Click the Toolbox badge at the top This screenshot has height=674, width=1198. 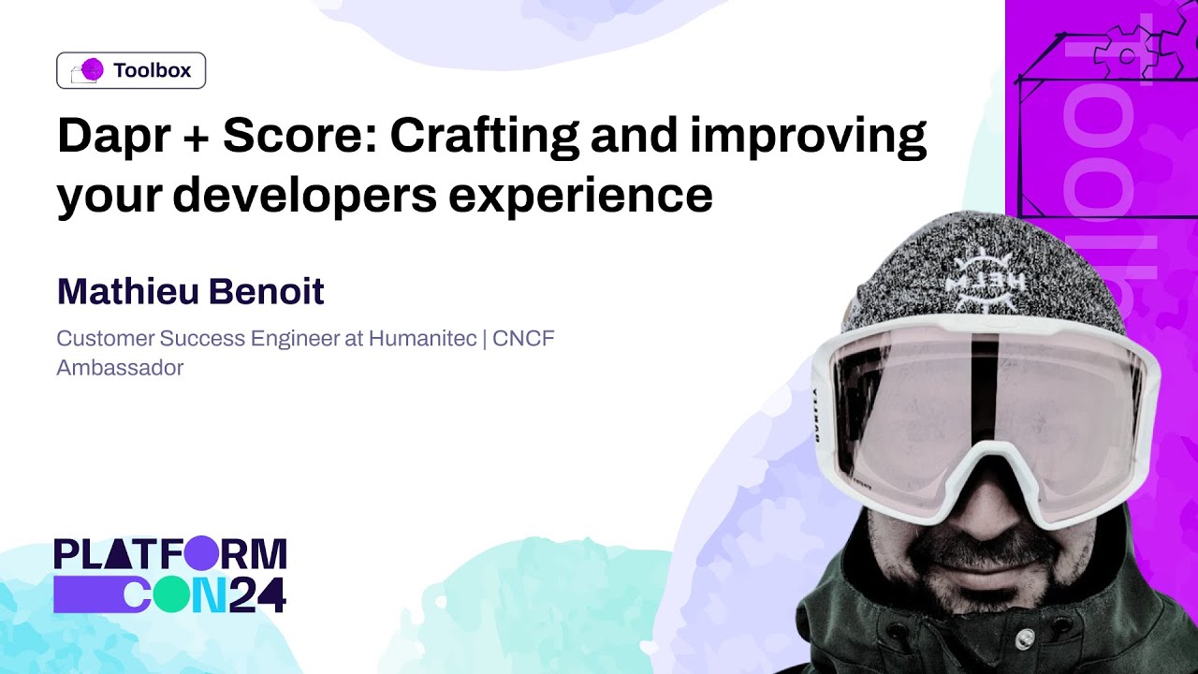tap(131, 70)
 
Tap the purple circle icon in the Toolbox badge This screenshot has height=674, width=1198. tap(92, 69)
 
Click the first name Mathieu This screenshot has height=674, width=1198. tap(124, 292)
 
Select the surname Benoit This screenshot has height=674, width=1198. tap(267, 292)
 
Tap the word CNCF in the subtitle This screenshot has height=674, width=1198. tap(523, 338)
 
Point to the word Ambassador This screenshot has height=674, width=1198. tap(120, 368)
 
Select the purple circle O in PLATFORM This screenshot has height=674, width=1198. tap(200, 554)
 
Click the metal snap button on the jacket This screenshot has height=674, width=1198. tap(1025, 637)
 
